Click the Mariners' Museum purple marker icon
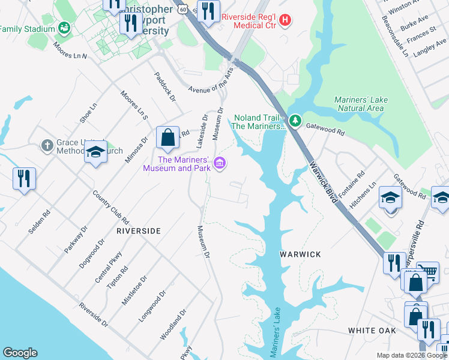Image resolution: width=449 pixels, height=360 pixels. coord(220,163)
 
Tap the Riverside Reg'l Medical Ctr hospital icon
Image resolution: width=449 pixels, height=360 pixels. coord(285,20)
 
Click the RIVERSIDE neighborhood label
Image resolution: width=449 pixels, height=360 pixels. coord(138,230)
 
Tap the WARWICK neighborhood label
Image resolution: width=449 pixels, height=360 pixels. coord(301,254)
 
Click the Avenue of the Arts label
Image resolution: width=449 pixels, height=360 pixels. coord(211,80)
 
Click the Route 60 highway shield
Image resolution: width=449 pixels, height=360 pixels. coord(182,10)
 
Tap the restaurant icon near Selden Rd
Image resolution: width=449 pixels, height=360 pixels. coord(24,178)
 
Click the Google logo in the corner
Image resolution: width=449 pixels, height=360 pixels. coord(20,353)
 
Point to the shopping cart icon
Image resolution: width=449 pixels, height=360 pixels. coord(427,272)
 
